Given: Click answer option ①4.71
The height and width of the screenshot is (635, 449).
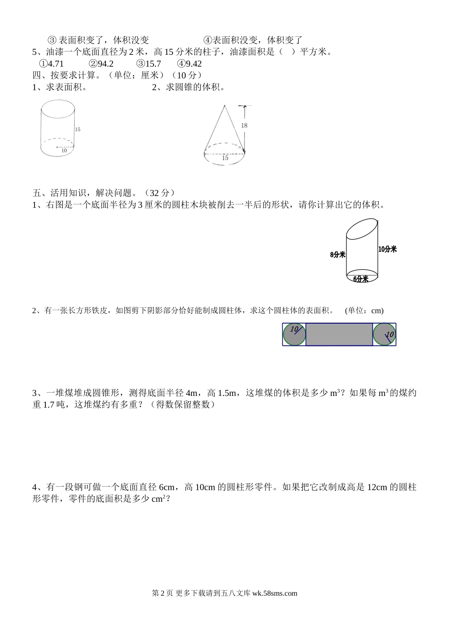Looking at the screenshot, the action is click(x=52, y=64).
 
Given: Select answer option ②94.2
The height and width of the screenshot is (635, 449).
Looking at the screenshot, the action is click(x=101, y=64).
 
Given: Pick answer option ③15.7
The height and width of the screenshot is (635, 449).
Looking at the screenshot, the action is click(x=148, y=64).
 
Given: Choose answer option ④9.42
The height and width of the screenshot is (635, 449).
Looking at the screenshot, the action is click(x=189, y=64).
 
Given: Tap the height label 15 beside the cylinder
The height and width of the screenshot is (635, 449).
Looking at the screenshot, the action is click(x=78, y=129).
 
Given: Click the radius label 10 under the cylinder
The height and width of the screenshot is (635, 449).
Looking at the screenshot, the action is click(x=64, y=151).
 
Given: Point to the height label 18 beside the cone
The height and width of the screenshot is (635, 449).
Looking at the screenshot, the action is click(x=244, y=125).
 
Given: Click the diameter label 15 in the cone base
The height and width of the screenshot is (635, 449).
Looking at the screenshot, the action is click(x=225, y=158).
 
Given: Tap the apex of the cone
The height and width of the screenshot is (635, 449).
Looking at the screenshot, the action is click(x=225, y=105).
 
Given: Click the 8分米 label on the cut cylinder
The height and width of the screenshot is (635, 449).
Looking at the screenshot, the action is click(x=337, y=255).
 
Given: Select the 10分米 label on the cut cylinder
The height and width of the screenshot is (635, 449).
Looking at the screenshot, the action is click(x=388, y=249).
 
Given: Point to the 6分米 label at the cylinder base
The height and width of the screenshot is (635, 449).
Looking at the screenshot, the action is click(x=361, y=279).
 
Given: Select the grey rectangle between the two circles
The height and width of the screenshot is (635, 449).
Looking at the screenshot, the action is click(x=339, y=334).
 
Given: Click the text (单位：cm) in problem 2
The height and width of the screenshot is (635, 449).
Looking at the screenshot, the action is click(x=364, y=311).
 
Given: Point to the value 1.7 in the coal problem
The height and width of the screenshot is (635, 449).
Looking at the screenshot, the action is click(x=49, y=404).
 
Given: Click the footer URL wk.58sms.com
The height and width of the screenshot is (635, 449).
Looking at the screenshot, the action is click(x=275, y=593).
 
